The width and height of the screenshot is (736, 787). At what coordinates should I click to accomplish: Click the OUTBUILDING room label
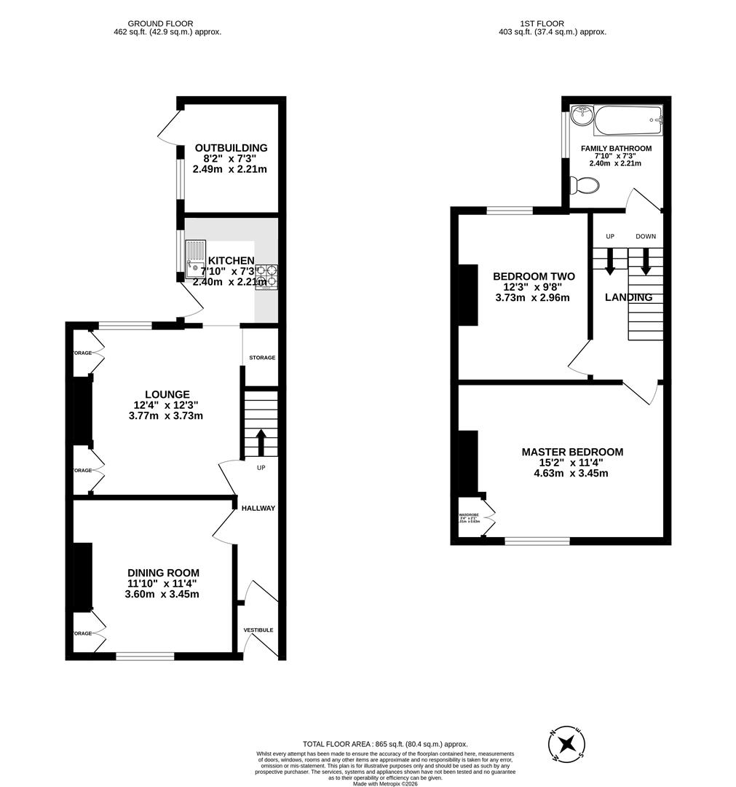[x=231, y=148]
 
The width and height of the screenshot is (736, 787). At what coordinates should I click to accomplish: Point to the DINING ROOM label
[x=163, y=573]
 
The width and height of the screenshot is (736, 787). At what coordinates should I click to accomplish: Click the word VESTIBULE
[x=258, y=630]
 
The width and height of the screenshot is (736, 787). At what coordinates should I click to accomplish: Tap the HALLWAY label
[x=258, y=508]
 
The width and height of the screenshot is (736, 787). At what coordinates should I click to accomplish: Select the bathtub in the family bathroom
[x=628, y=120]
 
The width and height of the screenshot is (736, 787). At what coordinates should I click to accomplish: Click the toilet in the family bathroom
[x=583, y=187]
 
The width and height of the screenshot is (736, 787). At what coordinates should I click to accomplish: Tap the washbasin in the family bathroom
[x=581, y=114]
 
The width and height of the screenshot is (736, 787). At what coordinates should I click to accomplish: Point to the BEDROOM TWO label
[x=534, y=277]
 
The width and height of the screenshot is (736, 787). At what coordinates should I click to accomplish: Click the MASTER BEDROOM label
[x=572, y=452]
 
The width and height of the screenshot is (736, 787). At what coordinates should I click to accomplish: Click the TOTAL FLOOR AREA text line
[x=386, y=744]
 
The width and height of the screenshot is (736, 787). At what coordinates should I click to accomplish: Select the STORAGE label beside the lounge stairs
[x=262, y=358]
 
